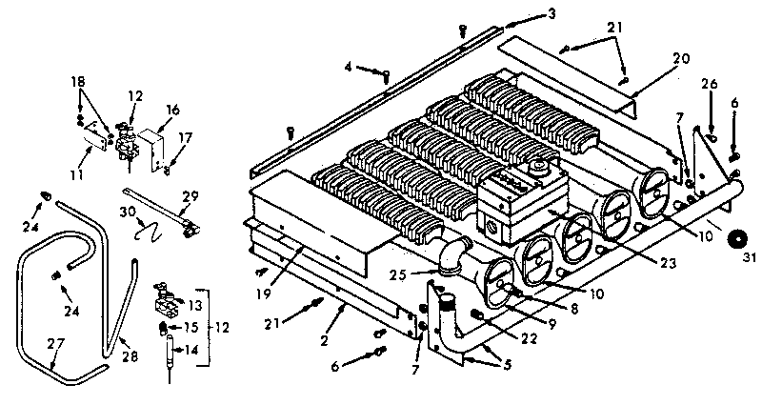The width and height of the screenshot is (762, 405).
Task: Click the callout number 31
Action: click(x=750, y=258)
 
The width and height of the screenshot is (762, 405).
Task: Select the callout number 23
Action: click(x=668, y=263)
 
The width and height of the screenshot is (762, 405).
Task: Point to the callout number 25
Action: click(x=398, y=276)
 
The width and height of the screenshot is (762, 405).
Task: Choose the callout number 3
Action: click(x=551, y=13)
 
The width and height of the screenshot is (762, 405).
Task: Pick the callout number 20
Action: click(x=681, y=59)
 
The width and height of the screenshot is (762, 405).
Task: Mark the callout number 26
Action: click(x=709, y=84)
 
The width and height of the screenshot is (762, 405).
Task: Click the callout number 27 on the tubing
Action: click(x=55, y=344)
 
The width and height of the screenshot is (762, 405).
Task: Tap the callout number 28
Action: click(x=130, y=356)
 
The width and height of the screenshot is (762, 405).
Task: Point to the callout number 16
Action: click(x=172, y=110)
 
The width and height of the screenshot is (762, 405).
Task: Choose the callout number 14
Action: click(x=192, y=349)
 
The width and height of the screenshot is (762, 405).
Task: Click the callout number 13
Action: click(x=195, y=306)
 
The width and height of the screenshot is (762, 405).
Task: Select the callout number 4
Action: click(x=349, y=66)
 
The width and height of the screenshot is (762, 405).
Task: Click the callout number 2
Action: click(x=324, y=341)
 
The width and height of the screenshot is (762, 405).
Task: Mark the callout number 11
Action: click(x=76, y=174)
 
